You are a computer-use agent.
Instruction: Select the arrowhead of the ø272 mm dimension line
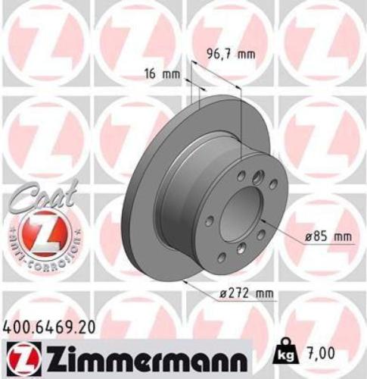pos(199,285)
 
